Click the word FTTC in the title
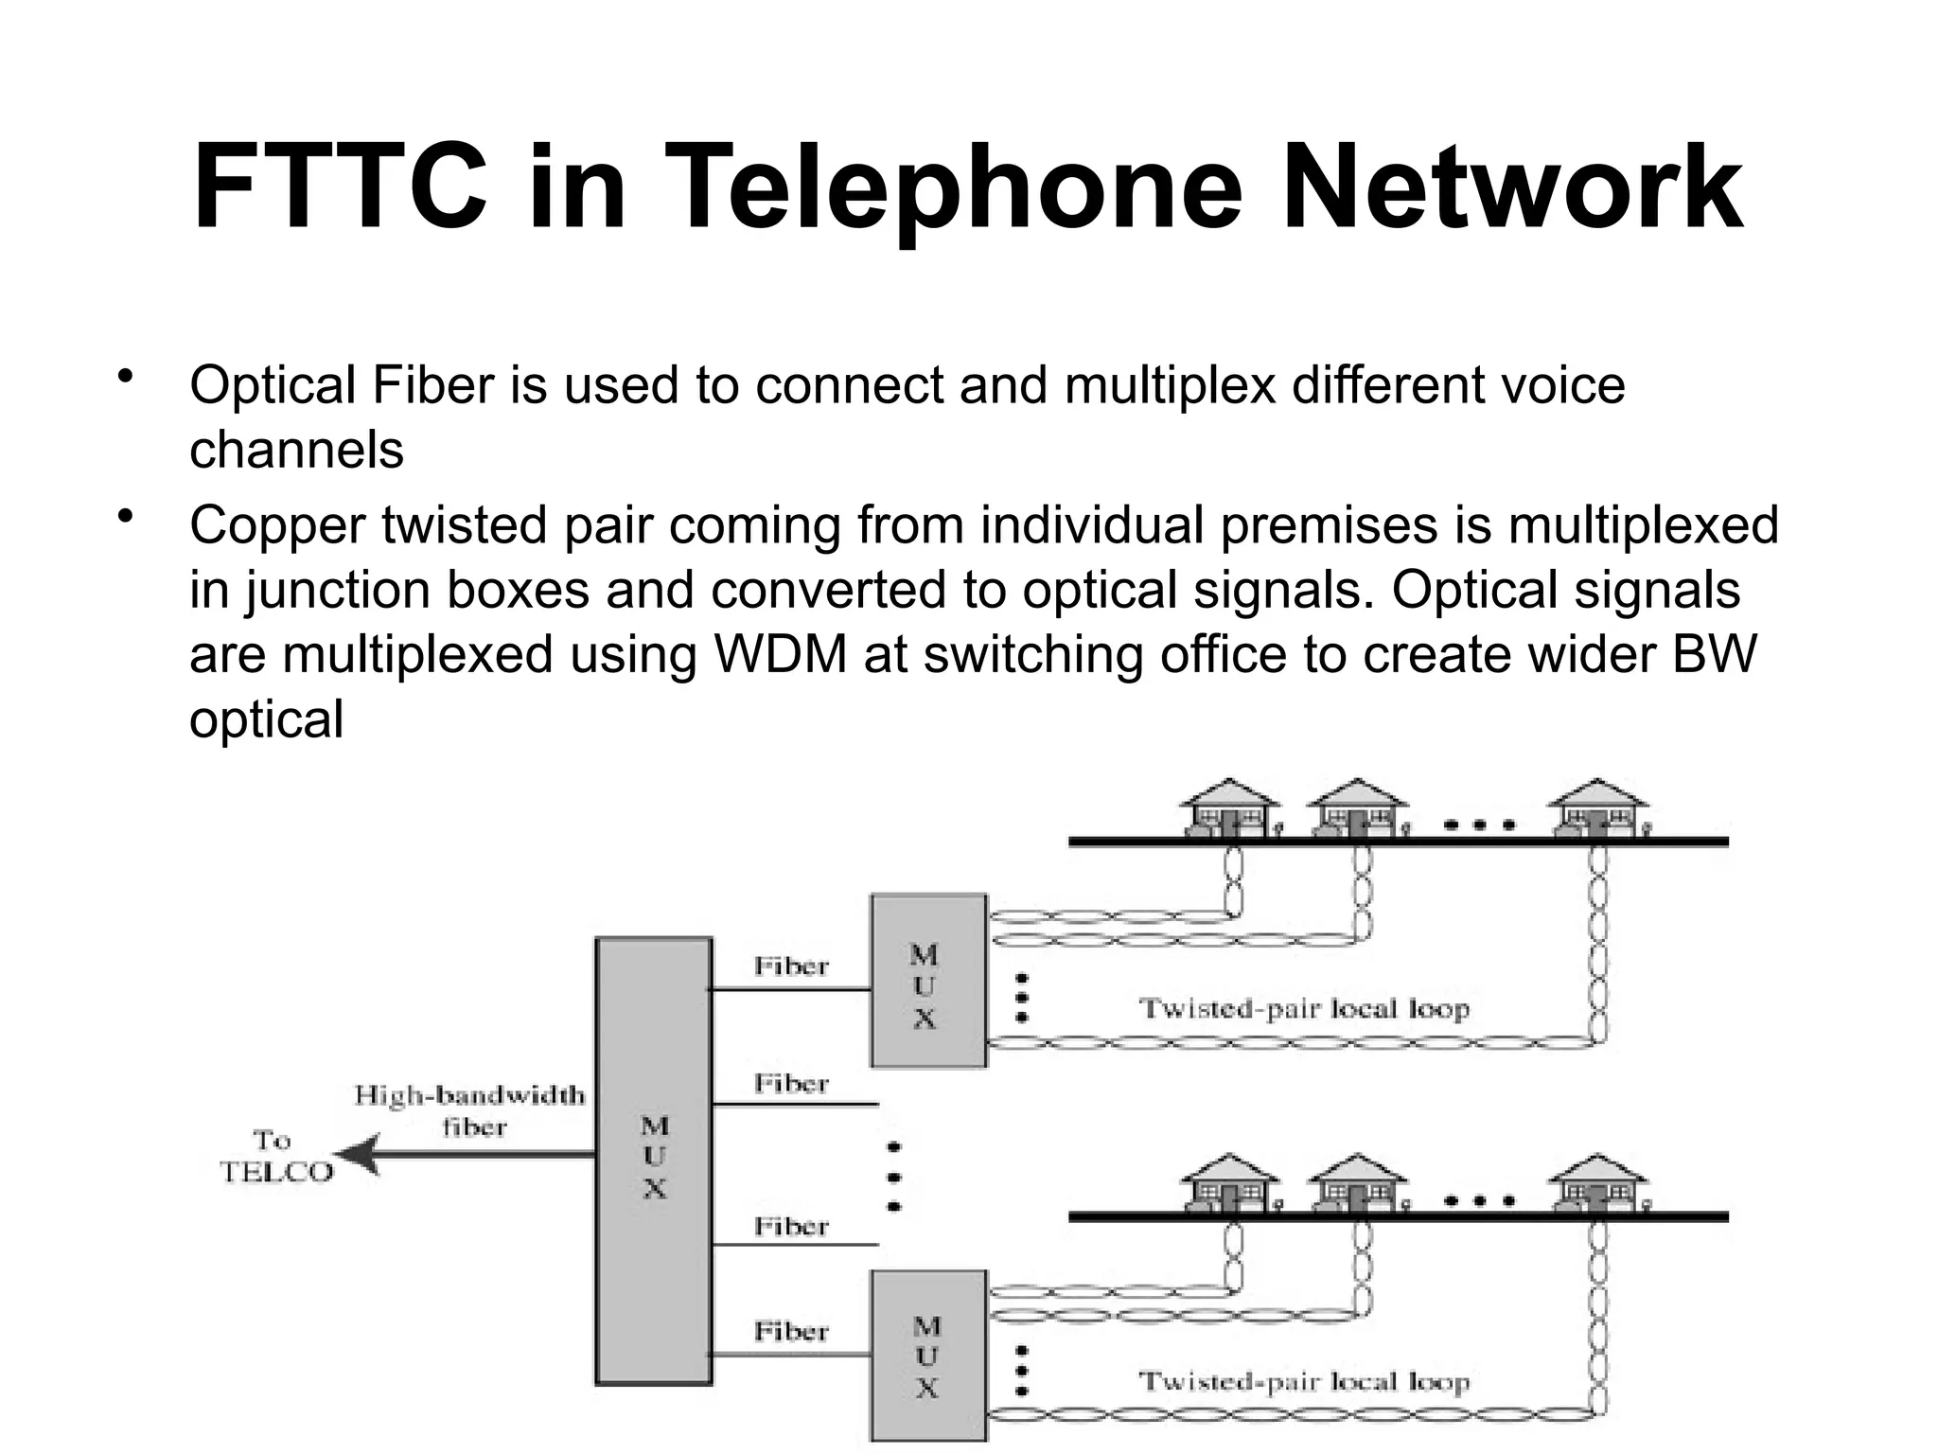(339, 186)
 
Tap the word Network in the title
(1510, 186)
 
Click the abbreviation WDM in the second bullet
(781, 655)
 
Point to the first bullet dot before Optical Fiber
(124, 378)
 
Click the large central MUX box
(653, 1161)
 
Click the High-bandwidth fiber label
(470, 1110)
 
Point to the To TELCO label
(275, 1157)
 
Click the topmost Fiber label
(791, 966)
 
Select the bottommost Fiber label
(791, 1332)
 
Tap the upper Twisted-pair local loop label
(1304, 1008)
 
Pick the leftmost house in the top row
(1228, 808)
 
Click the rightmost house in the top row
(1597, 808)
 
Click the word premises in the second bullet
(1329, 525)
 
